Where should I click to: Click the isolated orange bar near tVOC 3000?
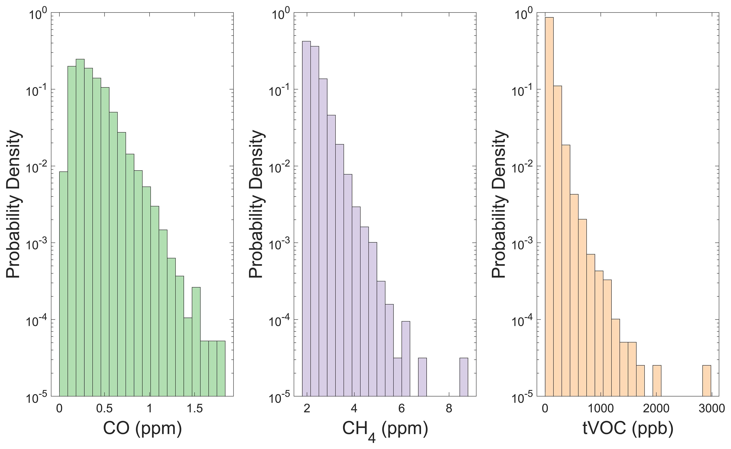tap(707, 385)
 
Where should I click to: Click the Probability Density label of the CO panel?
tap(14, 205)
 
